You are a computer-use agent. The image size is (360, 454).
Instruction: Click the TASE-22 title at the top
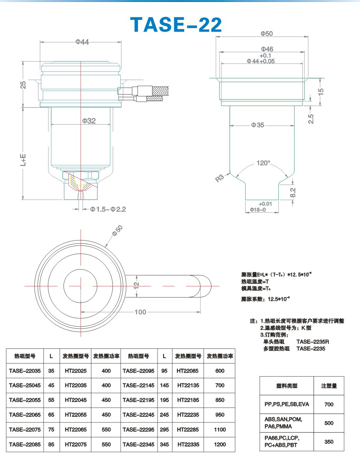pyautogui.click(x=176, y=25)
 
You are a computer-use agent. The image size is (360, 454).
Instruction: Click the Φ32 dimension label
pyautogui.click(x=89, y=121)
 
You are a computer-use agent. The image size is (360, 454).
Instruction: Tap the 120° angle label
pyautogui.click(x=263, y=163)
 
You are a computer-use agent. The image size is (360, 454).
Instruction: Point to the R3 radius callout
pyautogui.click(x=219, y=178)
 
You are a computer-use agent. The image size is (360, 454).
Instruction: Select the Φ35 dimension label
pyautogui.click(x=258, y=125)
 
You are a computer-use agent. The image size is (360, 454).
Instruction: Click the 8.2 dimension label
pyautogui.click(x=293, y=192)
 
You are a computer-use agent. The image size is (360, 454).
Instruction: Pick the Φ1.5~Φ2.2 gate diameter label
pyautogui.click(x=108, y=209)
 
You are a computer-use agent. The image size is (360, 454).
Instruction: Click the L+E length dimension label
pyautogui.click(x=23, y=160)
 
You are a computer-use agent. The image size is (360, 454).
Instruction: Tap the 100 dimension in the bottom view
pyautogui.click(x=140, y=312)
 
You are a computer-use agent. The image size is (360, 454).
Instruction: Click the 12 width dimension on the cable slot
pyautogui.click(x=137, y=285)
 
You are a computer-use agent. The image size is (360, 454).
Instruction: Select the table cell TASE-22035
pyautogui.click(x=25, y=371)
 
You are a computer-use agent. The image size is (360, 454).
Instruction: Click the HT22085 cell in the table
pyautogui.click(x=188, y=371)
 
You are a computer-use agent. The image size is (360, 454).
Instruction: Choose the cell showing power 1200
pyautogui.click(x=219, y=444)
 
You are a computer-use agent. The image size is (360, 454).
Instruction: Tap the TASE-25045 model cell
pyautogui.click(x=25, y=385)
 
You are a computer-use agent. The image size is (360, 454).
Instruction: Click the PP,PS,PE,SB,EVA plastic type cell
pyautogui.click(x=287, y=404)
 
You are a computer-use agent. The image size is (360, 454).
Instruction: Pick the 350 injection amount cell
pyautogui.click(x=329, y=442)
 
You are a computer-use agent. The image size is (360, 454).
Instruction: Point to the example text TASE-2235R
pyautogui.click(x=313, y=342)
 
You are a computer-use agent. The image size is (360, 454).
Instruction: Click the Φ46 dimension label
pyautogui.click(x=267, y=49)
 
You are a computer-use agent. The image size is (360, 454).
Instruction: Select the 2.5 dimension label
pyautogui.click(x=311, y=119)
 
